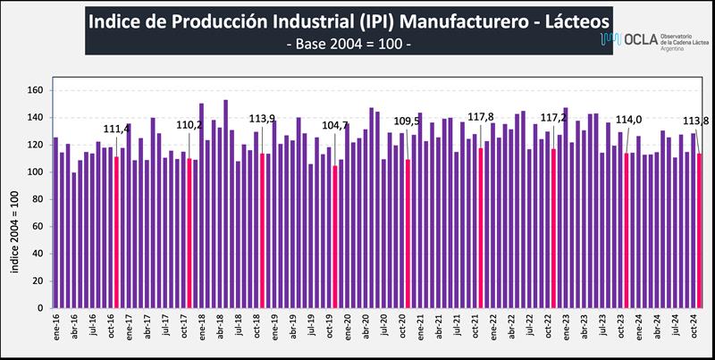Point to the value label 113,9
click(262, 119)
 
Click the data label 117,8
click(481, 117)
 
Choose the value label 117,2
click(553, 117)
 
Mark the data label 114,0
click(627, 121)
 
